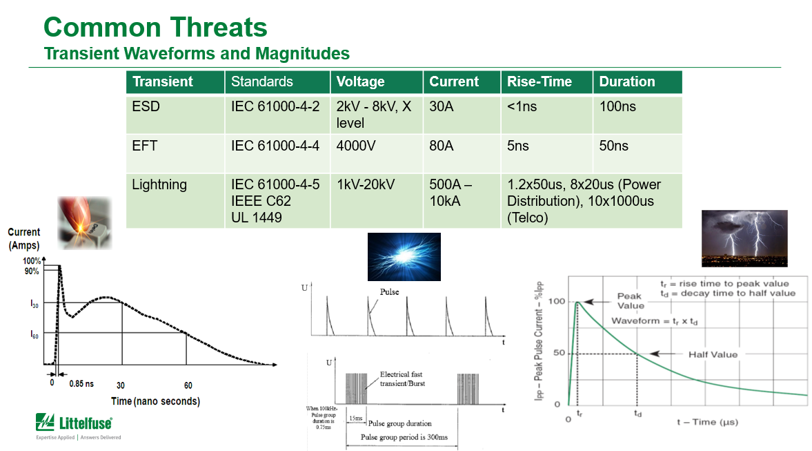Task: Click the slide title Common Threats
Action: point(155,28)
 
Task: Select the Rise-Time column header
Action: point(539,81)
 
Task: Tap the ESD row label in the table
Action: point(145,107)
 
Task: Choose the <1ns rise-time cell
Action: point(522,107)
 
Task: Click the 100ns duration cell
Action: point(618,107)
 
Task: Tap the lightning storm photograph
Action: point(744,238)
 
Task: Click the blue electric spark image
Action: point(404,256)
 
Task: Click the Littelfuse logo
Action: point(74,423)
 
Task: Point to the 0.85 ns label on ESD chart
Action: point(81,384)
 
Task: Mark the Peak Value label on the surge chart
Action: point(631,300)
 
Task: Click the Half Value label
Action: point(713,354)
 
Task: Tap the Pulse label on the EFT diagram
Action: point(389,292)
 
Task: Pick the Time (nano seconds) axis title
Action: point(155,401)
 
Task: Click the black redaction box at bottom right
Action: point(737,438)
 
